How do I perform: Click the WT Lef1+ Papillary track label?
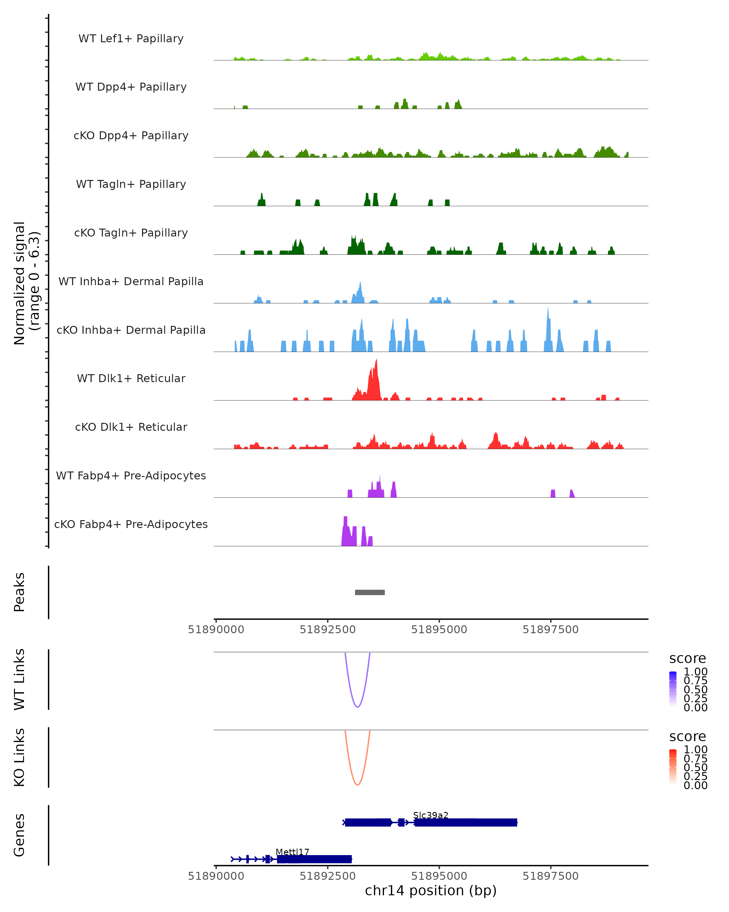point(131,39)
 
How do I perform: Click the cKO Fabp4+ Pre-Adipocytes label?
point(131,524)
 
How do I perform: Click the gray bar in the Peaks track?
point(370,592)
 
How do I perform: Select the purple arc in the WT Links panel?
point(358,707)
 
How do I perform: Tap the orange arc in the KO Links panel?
point(358,785)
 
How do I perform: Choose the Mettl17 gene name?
point(293,852)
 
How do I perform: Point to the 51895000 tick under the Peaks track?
point(439,630)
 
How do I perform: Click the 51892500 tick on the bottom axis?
point(327,876)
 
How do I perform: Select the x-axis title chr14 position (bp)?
point(431,891)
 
